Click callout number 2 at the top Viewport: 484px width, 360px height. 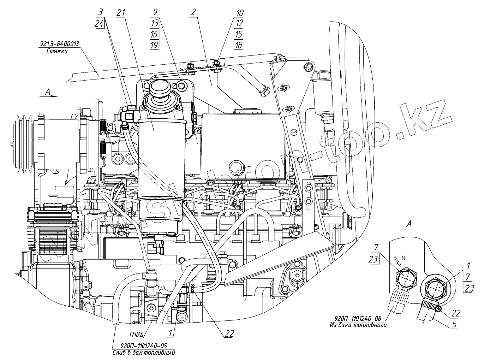pyautogui.click(x=192, y=12)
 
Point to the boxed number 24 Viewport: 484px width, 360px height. pyautogui.click(x=100, y=24)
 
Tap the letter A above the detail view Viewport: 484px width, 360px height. pyautogui.click(x=409, y=223)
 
